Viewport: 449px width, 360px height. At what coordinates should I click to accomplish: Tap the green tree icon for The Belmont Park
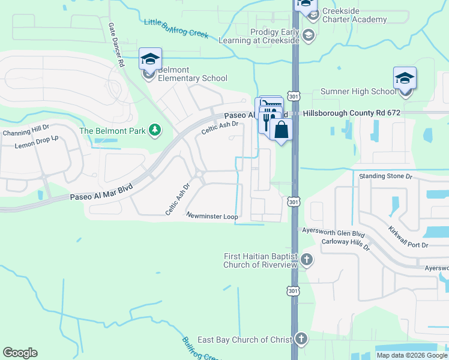pos(155,130)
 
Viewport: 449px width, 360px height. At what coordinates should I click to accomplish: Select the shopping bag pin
pos(281,130)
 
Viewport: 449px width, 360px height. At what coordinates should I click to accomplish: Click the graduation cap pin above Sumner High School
pos(405,79)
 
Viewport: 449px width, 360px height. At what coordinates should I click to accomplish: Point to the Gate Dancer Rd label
pos(116,45)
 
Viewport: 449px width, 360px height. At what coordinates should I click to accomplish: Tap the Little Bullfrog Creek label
pos(176,28)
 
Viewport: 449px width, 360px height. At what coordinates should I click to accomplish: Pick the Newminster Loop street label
pos(212,215)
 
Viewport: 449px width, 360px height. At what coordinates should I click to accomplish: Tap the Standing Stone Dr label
pos(385,176)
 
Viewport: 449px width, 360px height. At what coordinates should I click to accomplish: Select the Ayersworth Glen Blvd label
pos(334,234)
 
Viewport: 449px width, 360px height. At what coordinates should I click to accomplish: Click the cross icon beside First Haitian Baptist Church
pos(307,260)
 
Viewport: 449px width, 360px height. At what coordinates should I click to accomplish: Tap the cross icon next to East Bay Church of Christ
pos(301,339)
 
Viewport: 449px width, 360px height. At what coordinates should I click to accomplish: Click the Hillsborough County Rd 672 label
pos(351,113)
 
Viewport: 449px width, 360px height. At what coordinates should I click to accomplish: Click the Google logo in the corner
pos(20,353)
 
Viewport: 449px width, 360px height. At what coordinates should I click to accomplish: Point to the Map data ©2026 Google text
pos(411,355)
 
